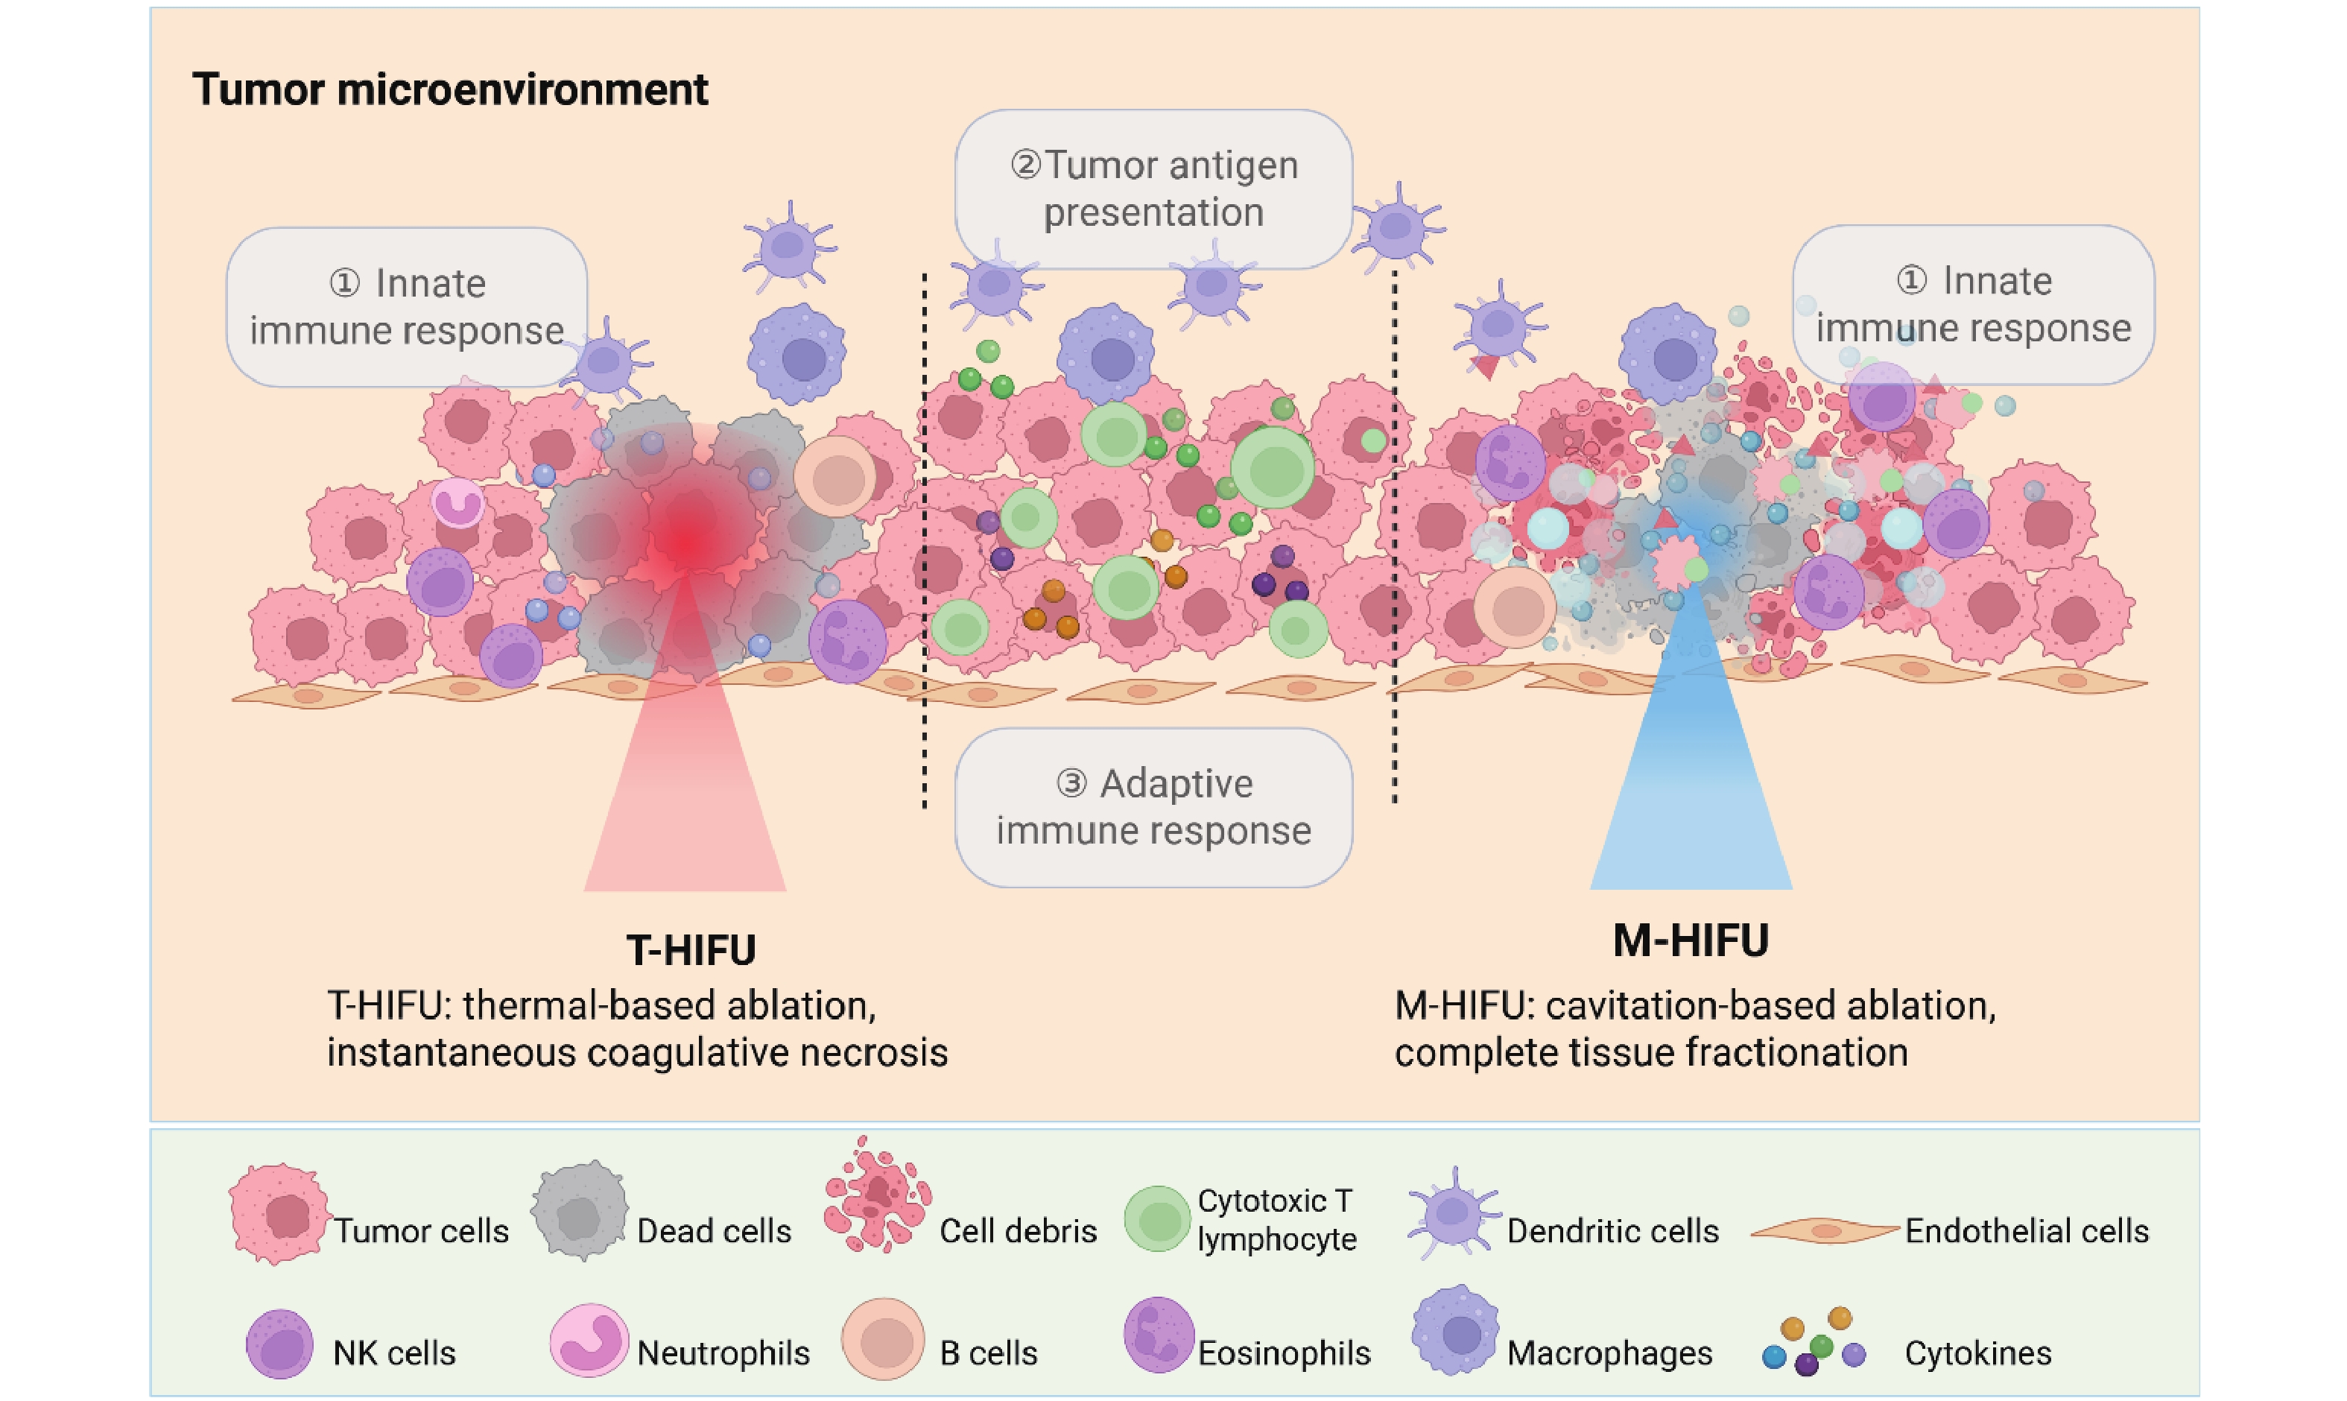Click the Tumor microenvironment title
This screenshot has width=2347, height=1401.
(450, 89)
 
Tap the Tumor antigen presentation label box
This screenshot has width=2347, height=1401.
(1153, 189)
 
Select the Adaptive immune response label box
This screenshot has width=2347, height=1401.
(1153, 807)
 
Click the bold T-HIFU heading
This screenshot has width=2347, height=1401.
(691, 949)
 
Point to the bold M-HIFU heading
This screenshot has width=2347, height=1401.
(1690, 940)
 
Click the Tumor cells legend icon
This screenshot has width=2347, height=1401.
(279, 1215)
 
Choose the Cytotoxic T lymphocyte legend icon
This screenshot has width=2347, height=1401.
(1157, 1218)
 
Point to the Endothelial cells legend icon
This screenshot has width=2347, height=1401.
(1824, 1230)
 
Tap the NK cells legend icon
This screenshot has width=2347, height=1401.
(279, 1344)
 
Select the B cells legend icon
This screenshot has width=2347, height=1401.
(882, 1340)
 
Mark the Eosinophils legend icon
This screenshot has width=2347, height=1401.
(1159, 1335)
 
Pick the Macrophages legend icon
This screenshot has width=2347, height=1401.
(1456, 1331)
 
